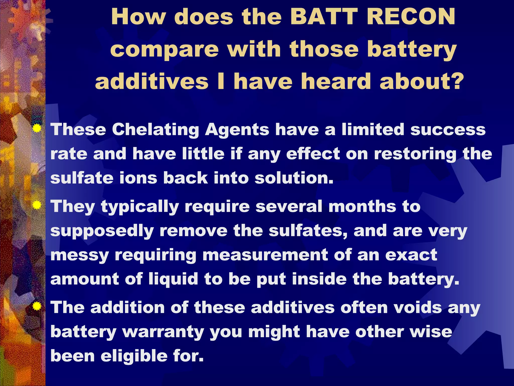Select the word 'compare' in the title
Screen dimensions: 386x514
[164, 50]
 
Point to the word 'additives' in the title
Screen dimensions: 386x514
[152, 81]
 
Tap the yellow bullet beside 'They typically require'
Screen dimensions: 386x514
[37, 205]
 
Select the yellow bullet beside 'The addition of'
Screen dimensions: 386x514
[37, 306]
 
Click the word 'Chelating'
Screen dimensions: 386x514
[155, 130]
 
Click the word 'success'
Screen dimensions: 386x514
[448, 130]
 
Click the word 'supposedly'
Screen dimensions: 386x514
[102, 231]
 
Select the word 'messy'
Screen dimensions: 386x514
[80, 255]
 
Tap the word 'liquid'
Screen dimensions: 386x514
[173, 279]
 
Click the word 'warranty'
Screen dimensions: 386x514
[163, 332]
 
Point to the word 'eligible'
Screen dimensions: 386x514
[134, 356]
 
